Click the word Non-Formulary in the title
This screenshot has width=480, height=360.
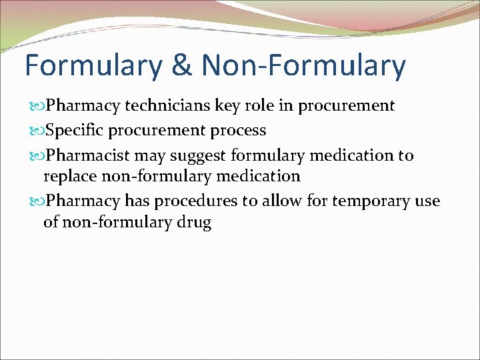(303, 66)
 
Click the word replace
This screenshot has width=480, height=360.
(70, 177)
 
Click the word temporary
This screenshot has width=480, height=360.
(370, 201)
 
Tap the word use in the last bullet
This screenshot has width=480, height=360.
(427, 201)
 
